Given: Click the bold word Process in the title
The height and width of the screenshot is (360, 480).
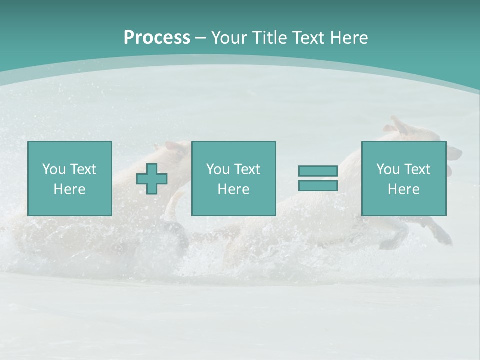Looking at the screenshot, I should coord(157,38).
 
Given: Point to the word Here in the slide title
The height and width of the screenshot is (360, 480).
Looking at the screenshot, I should coord(350,38).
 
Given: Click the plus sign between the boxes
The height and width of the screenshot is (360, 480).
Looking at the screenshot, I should coord(152,179).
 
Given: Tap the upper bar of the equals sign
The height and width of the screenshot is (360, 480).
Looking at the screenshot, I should coord(318,171).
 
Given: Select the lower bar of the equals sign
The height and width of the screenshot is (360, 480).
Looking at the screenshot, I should coord(318,186).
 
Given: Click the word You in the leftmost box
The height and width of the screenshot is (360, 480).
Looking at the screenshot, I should coord(54,169).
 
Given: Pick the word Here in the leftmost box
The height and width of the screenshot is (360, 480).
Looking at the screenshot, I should coord(69,189).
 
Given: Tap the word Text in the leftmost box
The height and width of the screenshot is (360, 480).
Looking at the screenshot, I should coord(82,169).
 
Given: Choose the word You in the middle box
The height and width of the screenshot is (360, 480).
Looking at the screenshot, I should coord(218,169).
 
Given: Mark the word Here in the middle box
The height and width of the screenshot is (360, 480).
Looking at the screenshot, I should coord(233,189).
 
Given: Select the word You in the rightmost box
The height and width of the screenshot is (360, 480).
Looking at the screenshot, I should coord(388,169).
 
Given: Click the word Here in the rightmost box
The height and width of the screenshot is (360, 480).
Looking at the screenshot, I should coord(403,189).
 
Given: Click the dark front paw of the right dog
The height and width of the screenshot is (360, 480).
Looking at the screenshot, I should coord(442,237).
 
